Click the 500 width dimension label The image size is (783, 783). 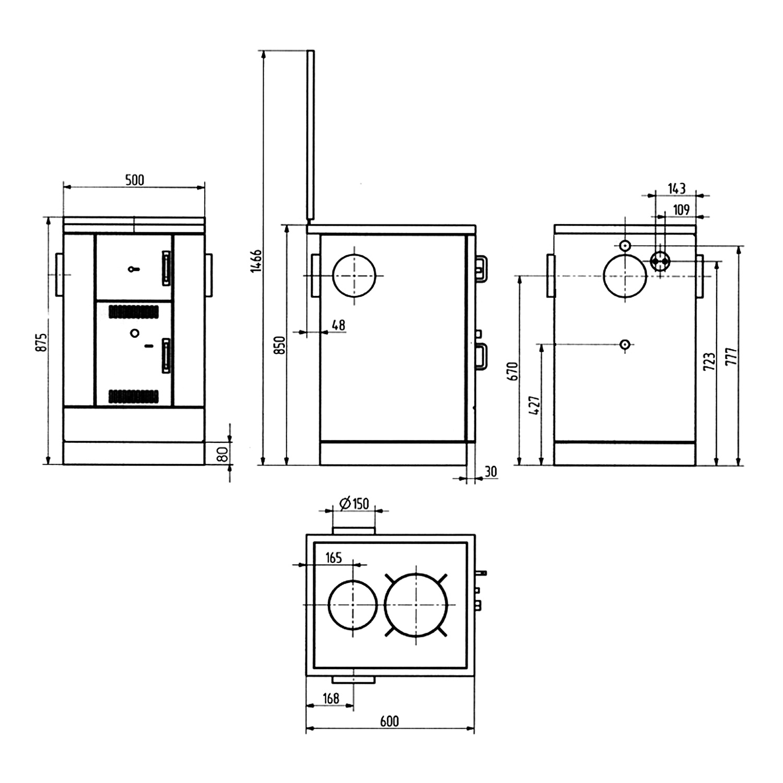(134, 180)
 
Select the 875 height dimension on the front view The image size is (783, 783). (42, 342)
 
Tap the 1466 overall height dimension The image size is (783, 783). (255, 260)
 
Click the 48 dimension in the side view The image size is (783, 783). (338, 325)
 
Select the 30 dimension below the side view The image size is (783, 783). (491, 472)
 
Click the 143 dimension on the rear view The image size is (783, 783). (677, 188)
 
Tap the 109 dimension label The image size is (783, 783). (681, 210)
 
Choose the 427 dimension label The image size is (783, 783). (535, 405)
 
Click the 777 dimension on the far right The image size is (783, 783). (731, 356)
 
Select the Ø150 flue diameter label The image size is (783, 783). (354, 504)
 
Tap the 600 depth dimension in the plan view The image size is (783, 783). (389, 721)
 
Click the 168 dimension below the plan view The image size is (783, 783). (331, 698)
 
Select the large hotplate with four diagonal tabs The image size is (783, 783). (416, 605)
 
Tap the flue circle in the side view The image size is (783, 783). (354, 276)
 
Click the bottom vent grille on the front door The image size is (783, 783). (134, 396)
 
